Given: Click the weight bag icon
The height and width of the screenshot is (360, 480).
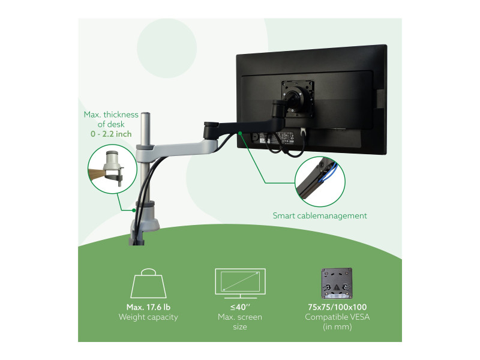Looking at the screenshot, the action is coord(148,283).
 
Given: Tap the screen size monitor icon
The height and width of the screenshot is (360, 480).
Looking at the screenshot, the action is coord(241,283).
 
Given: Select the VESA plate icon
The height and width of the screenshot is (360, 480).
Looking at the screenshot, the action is coord(337,283).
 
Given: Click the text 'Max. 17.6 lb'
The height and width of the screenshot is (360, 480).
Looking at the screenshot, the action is coord(148,307).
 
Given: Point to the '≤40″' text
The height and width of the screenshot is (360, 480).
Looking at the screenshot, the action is coord(241,307).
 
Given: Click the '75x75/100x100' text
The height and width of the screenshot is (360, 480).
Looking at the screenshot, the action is coord(337,307).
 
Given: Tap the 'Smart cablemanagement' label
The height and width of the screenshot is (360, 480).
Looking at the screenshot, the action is coord(320,216).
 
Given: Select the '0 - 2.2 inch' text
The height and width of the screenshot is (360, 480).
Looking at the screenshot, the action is coord(111,134).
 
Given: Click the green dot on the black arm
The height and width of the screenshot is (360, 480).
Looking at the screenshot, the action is coord(241,133).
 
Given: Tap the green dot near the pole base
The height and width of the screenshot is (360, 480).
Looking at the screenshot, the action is coord(134,211).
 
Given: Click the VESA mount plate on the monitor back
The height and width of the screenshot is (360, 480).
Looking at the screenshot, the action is coord(298,98).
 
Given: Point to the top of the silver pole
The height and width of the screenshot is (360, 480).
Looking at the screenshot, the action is coord(145,114).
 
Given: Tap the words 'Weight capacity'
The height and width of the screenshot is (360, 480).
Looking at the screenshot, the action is coord(148,317).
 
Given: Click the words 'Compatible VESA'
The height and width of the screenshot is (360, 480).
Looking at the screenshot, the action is coord(337,317).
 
